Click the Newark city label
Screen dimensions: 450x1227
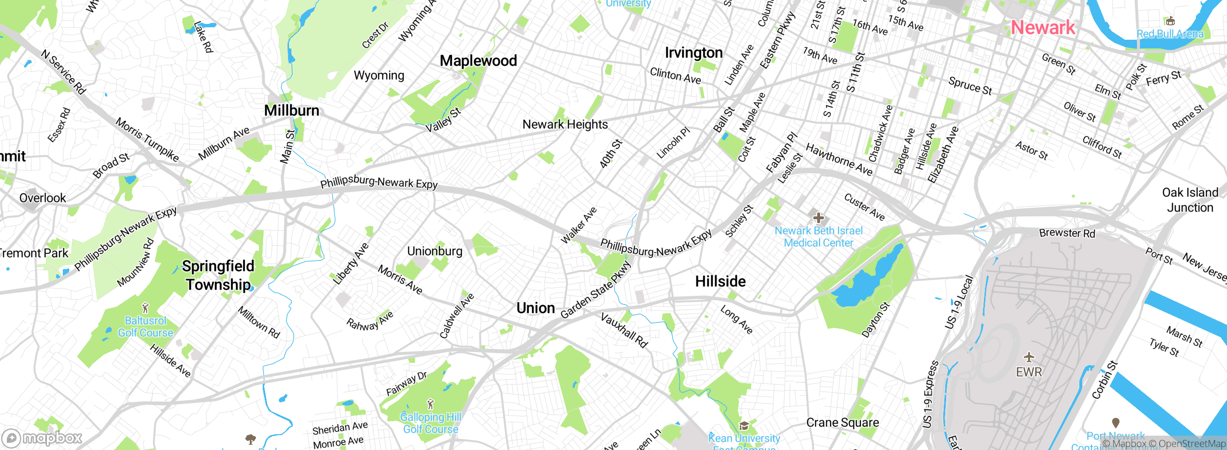click(x=1043, y=28)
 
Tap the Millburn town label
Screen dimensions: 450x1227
click(x=291, y=111)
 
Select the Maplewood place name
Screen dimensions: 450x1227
click(x=478, y=61)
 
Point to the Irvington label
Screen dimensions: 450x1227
click(x=694, y=53)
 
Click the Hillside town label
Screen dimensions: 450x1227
click(x=720, y=281)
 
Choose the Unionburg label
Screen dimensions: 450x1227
click(x=435, y=251)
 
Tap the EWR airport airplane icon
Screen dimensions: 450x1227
click(x=1029, y=357)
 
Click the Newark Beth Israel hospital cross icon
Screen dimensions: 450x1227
click(x=819, y=218)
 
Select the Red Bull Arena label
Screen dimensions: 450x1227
click(x=1170, y=34)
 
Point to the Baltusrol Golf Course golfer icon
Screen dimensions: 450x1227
click(x=146, y=308)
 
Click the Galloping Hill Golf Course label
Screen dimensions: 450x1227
click(x=430, y=423)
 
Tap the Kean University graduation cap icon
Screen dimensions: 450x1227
click(x=744, y=426)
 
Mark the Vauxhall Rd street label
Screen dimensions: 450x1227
click(x=624, y=330)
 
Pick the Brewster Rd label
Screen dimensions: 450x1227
click(x=1067, y=233)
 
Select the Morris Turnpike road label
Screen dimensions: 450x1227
click(x=147, y=140)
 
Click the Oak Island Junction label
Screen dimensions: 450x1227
click(x=1190, y=200)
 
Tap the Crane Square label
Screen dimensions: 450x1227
click(x=843, y=423)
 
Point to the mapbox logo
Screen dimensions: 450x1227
click(x=42, y=438)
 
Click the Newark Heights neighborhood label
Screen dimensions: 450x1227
click(x=565, y=124)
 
